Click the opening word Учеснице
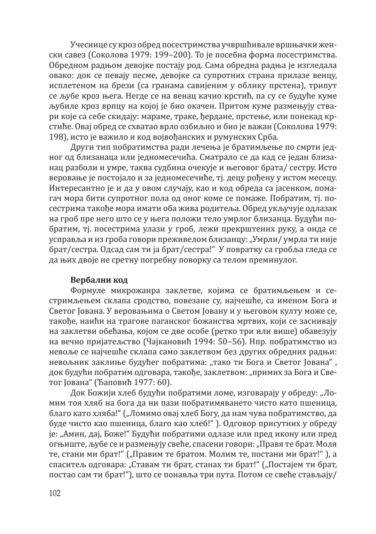(87, 45)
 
